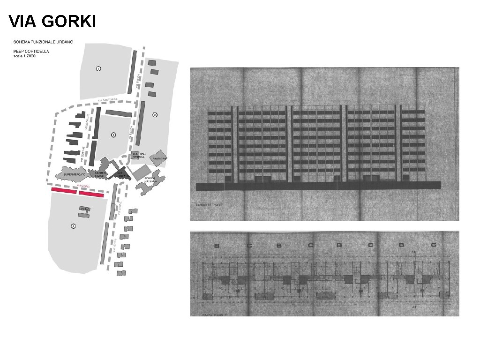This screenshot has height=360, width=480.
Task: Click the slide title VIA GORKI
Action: point(52,21)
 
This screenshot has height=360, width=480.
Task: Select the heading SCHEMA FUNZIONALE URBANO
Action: point(43,43)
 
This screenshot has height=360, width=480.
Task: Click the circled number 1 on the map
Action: point(98,69)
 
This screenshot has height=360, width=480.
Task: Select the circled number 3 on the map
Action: point(113,135)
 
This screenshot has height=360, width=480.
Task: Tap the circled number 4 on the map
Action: point(73,226)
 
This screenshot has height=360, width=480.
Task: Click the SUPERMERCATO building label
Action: point(75,174)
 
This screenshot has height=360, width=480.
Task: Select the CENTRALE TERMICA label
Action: point(139,156)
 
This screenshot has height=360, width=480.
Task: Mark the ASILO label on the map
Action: point(84,208)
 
